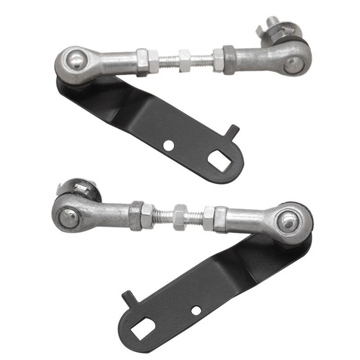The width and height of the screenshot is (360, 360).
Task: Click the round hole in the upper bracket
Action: tap(168, 145)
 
